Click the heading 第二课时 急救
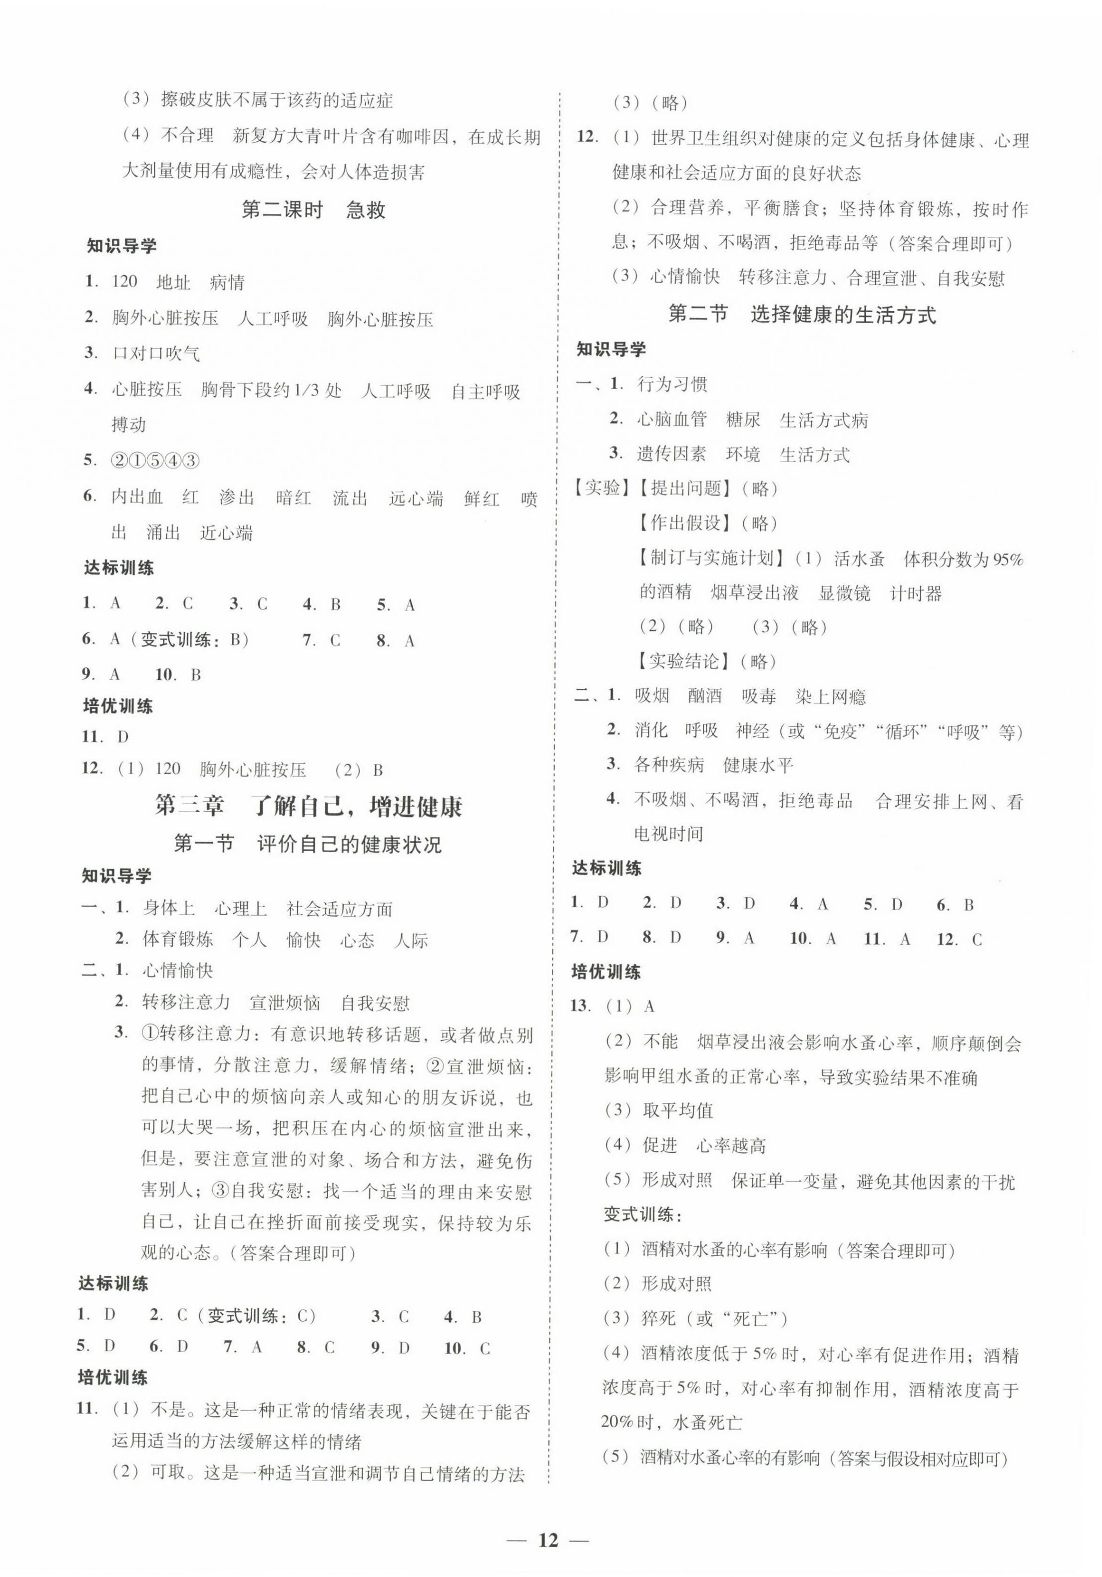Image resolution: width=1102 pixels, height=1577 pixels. pos(313,209)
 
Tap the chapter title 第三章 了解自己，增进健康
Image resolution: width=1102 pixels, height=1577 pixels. pos(309,806)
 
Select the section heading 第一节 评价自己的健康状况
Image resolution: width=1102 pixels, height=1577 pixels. pos(308,843)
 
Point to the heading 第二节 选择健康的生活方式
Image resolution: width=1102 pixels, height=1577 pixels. pos(802,315)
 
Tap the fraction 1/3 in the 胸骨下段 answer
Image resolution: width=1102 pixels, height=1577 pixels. pos(308,390)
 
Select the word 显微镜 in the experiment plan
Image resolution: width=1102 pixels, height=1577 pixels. pos(844,593)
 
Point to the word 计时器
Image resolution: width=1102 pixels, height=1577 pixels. pos(915,593)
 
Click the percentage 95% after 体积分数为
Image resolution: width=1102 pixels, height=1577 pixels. pos(1007,560)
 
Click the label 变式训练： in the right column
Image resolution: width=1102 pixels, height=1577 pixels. pos(642,1214)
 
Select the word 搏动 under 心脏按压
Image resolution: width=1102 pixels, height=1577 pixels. pos(129,425)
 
